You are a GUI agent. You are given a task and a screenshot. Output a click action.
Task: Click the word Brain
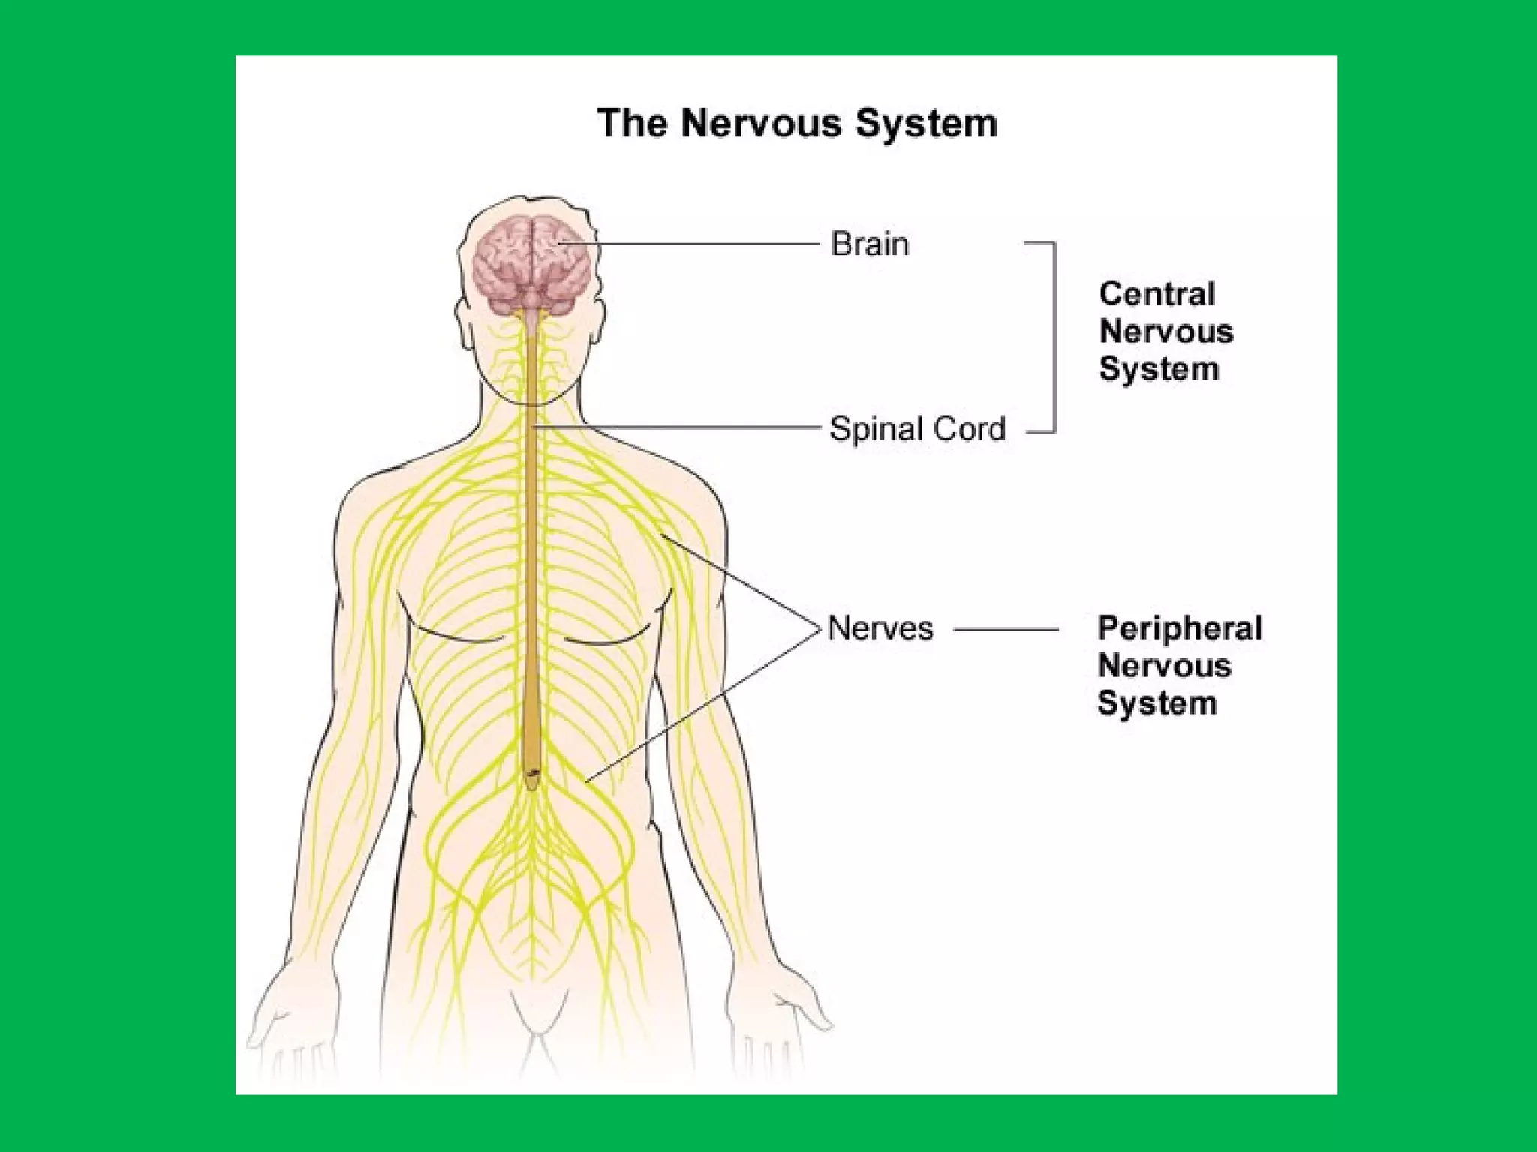[869, 244]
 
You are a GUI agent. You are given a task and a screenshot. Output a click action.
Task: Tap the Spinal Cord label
[917, 430]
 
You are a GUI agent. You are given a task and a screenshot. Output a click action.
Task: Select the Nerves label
[880, 628]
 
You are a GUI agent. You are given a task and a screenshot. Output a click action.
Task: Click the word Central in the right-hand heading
[1157, 294]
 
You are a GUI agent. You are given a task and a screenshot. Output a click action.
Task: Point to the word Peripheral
[1180, 628]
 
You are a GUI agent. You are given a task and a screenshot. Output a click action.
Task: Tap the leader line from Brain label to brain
[690, 244]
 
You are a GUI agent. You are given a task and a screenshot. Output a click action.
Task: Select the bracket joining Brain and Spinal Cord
[1054, 337]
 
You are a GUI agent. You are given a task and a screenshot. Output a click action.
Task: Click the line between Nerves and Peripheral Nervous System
[1006, 629]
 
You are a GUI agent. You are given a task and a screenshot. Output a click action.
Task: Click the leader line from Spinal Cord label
[675, 427]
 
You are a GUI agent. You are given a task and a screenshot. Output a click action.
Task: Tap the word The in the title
[632, 124]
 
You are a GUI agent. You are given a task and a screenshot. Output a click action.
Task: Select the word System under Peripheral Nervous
[1157, 703]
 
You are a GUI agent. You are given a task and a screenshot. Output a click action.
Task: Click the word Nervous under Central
[1166, 331]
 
